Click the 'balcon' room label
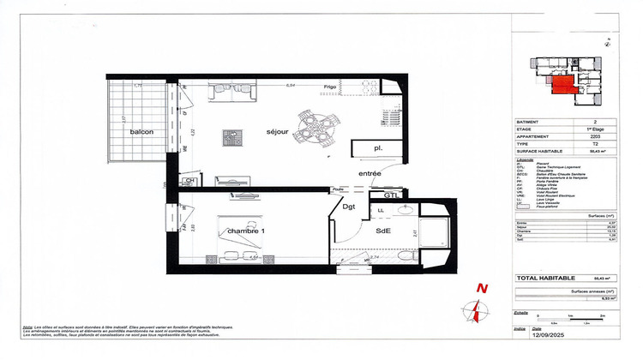pos(141,132)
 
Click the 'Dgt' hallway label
pos(349,206)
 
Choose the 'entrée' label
pos(370,173)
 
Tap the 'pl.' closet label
pos(377,148)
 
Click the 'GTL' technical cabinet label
pos(391,195)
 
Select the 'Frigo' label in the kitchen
pos(330,87)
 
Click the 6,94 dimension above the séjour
pos(291,85)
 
